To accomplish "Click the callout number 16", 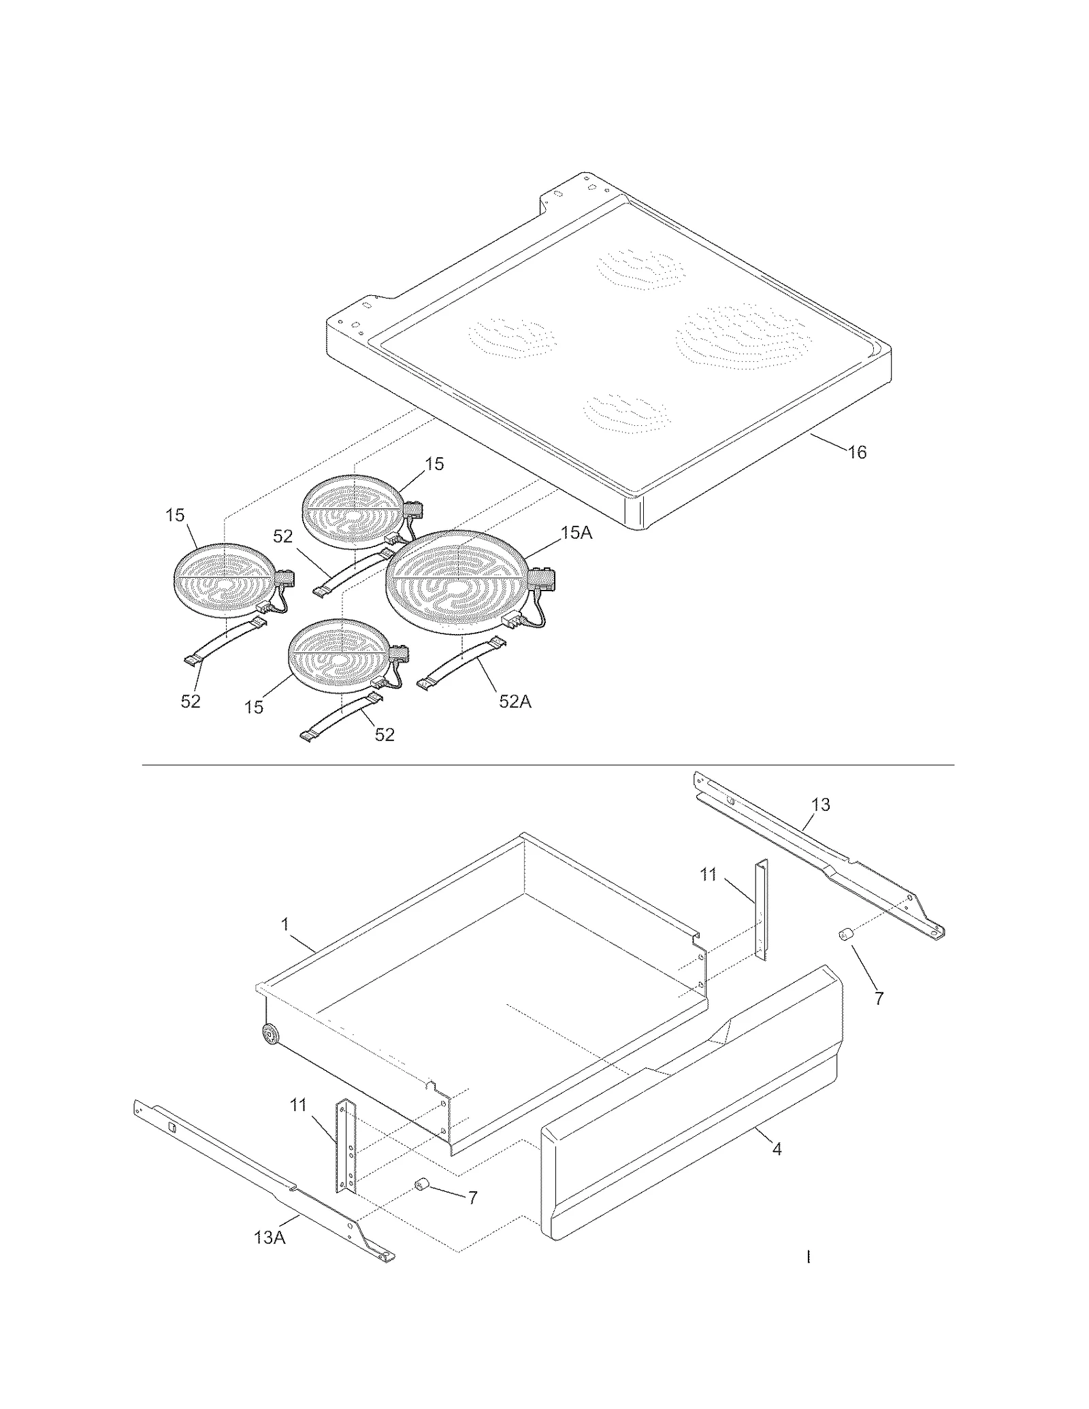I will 857,452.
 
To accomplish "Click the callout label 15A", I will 576,533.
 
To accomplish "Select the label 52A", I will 515,701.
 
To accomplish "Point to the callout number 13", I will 821,805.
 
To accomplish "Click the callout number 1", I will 285,925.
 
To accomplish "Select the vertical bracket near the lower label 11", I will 345,1148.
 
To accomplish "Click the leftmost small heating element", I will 225,580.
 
